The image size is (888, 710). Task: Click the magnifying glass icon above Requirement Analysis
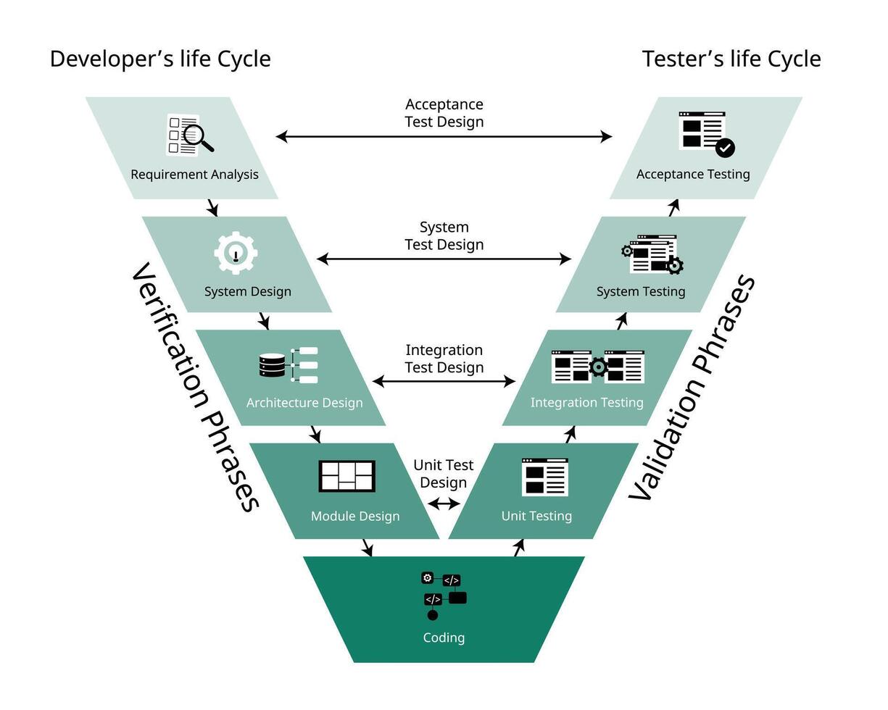click(x=197, y=136)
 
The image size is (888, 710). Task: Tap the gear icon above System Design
click(x=236, y=253)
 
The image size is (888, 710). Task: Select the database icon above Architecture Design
click(x=273, y=365)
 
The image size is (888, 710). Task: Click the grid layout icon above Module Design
click(x=347, y=476)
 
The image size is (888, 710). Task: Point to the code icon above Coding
click(x=444, y=596)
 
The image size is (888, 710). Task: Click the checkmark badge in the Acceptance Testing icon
click(x=725, y=148)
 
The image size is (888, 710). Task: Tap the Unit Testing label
click(x=536, y=516)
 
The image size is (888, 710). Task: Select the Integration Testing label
click(x=586, y=402)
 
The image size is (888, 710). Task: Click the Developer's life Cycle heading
click(x=160, y=59)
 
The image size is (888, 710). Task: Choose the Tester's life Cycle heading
click(x=731, y=59)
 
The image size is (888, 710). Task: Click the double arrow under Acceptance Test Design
click(x=444, y=136)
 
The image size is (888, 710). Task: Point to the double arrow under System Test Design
click(x=444, y=259)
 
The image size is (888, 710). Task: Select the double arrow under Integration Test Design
click(x=444, y=381)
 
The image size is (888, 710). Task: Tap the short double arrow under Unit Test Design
click(x=444, y=504)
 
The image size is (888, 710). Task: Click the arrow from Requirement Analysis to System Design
click(x=212, y=208)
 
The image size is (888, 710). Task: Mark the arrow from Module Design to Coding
click(x=368, y=548)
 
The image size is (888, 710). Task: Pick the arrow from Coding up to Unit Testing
click(x=518, y=548)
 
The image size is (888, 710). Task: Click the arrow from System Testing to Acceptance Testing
click(x=673, y=208)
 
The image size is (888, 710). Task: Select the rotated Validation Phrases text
click(x=692, y=388)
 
